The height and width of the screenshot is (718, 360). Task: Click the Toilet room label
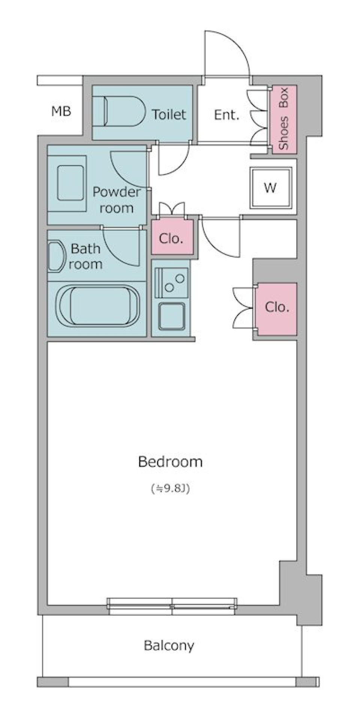tap(169, 114)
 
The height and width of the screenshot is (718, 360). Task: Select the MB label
tap(61, 111)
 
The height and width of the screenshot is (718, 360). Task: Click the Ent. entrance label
tap(226, 115)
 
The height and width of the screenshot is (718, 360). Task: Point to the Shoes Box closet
tap(284, 119)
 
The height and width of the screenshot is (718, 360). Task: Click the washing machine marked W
tap(271, 187)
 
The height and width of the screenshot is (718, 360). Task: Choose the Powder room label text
tap(116, 200)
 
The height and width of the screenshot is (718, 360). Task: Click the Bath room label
tap(85, 256)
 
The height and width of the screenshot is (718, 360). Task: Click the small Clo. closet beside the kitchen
tap(172, 238)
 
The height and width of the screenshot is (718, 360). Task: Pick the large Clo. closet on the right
tap(276, 308)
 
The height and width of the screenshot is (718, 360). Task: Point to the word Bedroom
tap(170, 462)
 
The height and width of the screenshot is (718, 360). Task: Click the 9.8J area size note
tap(170, 488)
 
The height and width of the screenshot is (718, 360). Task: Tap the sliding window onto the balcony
tap(172, 606)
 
